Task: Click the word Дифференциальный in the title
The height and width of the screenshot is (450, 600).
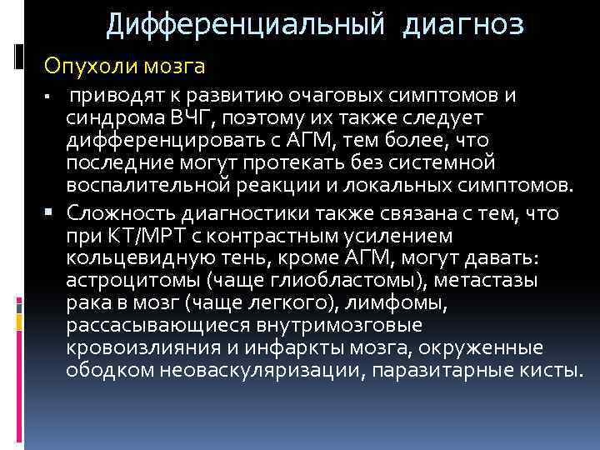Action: pyautogui.click(x=245, y=26)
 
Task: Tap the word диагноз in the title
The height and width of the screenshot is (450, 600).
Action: pyautogui.click(x=462, y=26)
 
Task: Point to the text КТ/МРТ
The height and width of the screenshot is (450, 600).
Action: pyautogui.click(x=140, y=237)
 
